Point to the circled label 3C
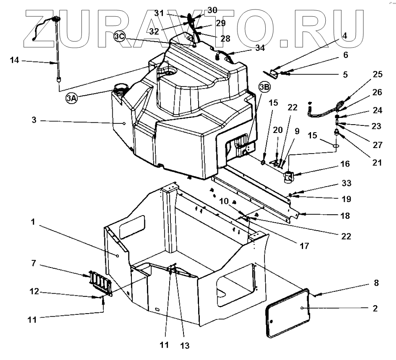coord(120,36)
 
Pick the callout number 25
coord(377,74)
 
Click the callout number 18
coord(345,216)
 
